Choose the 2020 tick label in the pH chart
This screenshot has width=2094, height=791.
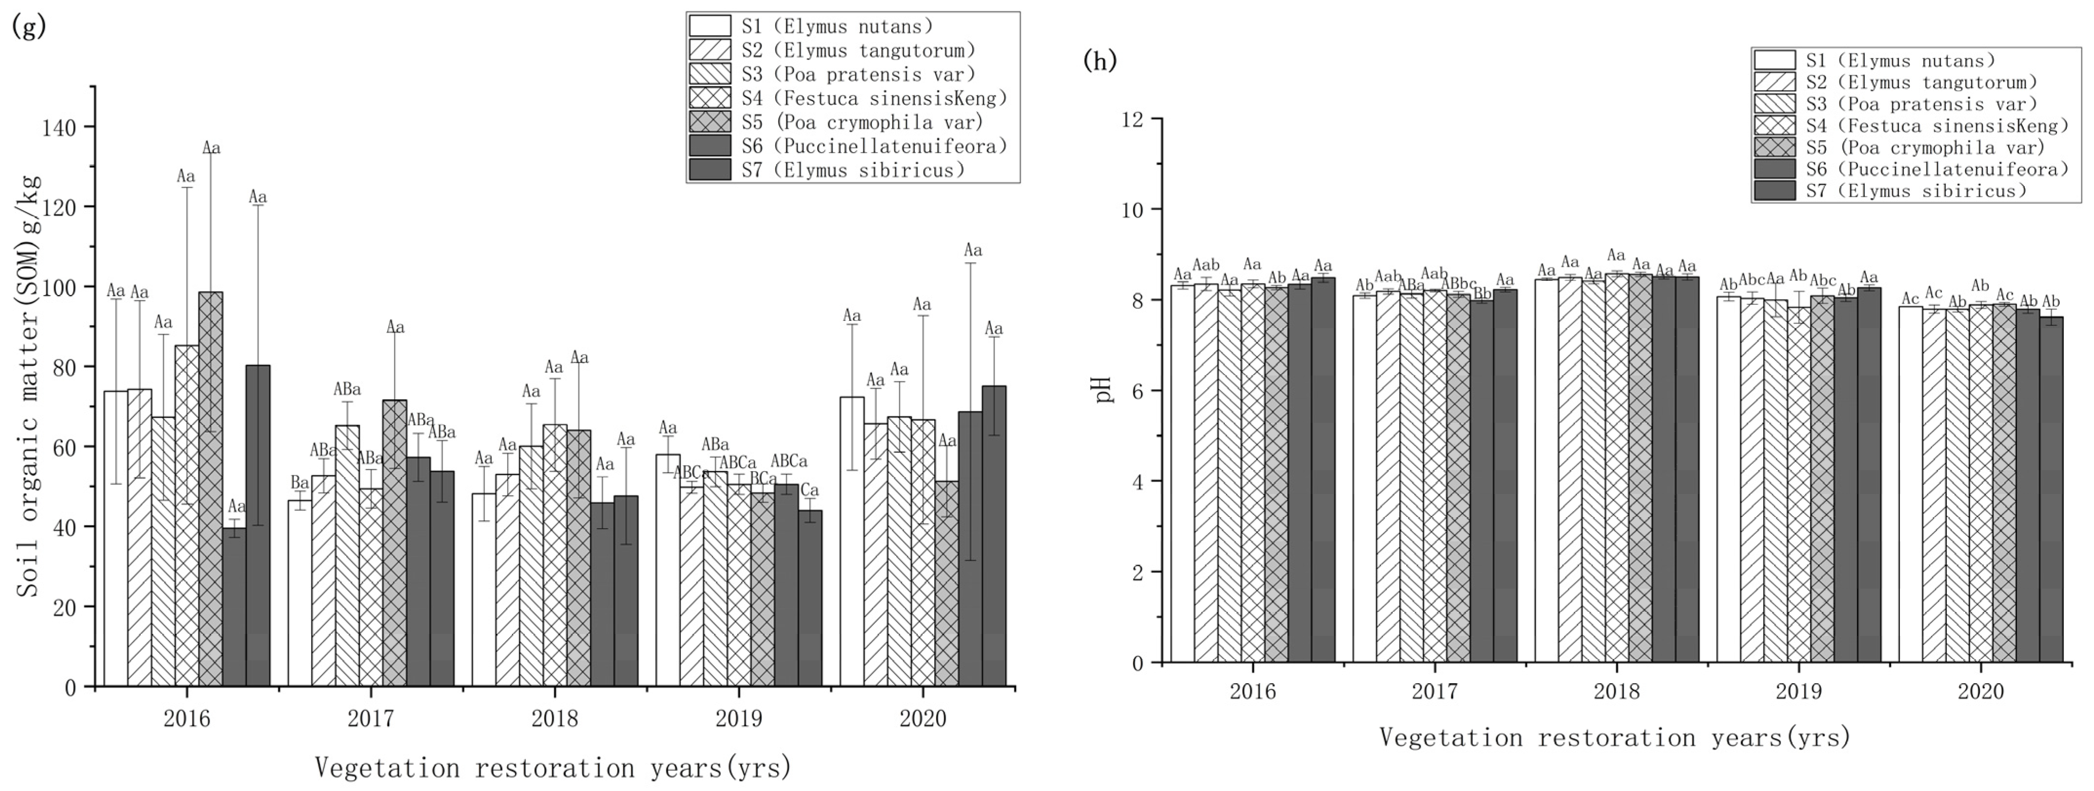(1980, 692)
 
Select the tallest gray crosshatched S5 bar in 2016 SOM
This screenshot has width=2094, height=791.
(211, 488)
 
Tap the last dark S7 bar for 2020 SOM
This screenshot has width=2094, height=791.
(993, 536)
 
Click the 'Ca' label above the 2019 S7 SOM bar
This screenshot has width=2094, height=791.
(810, 491)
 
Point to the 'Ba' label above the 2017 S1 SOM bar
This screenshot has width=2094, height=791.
(300, 483)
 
